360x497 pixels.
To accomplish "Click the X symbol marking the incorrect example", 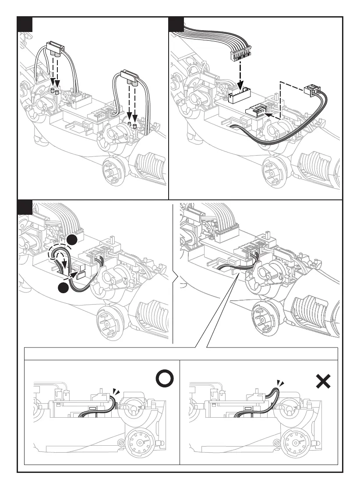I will click(x=323, y=383).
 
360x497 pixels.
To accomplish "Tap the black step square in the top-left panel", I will click(x=25, y=25).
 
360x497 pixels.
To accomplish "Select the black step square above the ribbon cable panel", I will click(x=176, y=25).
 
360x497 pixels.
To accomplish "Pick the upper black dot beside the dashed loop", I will click(x=73, y=240).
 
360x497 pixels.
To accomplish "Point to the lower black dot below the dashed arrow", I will click(x=64, y=288).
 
